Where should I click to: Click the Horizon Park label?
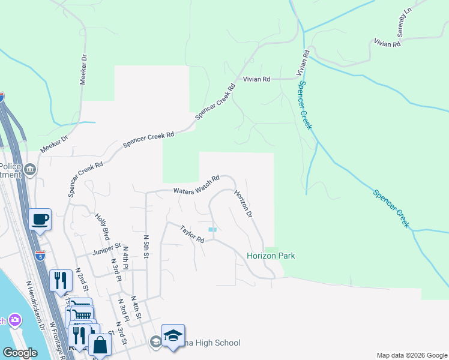tap(271, 256)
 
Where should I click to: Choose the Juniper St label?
tap(107, 249)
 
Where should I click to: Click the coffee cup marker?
tap(40, 220)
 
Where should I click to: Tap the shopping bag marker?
tap(100, 344)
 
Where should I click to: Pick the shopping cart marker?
tap(83, 314)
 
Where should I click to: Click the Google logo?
tap(20, 353)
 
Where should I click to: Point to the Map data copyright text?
tap(411, 355)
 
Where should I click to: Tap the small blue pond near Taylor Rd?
tap(212, 229)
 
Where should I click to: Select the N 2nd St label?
tap(81, 279)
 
